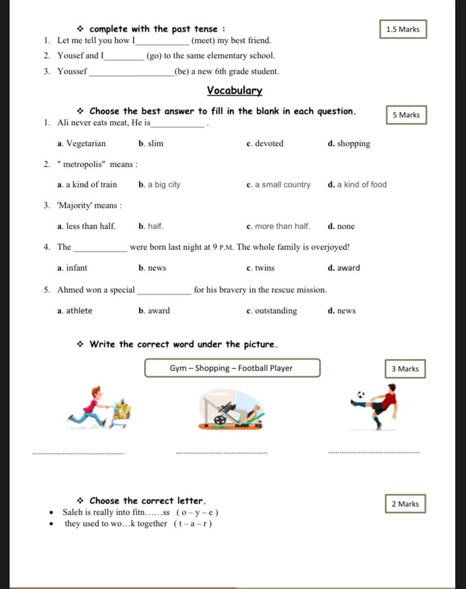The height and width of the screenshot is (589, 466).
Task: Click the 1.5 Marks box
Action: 403,29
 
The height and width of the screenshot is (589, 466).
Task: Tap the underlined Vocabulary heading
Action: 234,90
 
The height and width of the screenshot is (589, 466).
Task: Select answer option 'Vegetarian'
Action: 86,144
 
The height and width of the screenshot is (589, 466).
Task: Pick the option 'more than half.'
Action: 282,226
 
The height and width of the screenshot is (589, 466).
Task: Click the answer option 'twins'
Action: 265,268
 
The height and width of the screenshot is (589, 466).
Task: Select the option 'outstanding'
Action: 276,311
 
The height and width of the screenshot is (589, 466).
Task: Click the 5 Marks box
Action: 406,115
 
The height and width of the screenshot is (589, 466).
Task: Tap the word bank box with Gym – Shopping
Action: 232,368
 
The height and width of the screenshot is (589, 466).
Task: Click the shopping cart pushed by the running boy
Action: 122,410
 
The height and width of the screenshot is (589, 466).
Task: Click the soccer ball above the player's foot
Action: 361,395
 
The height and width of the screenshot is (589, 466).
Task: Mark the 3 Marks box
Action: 405,369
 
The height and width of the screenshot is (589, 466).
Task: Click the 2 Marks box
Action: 405,504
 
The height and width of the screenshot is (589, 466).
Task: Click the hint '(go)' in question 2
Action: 154,56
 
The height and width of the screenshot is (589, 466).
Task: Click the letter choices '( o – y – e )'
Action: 197,513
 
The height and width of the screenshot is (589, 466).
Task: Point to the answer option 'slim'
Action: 155,144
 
